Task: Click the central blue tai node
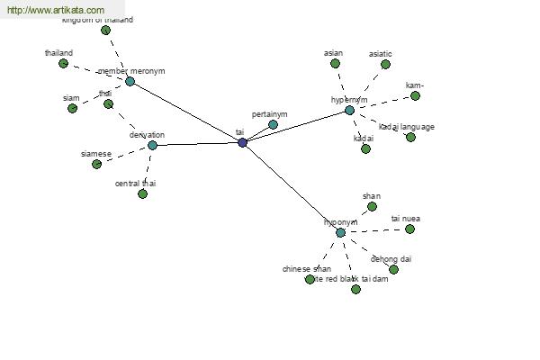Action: click(242, 142)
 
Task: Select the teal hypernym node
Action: click(349, 111)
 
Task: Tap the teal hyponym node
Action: click(340, 232)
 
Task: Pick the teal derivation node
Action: click(152, 145)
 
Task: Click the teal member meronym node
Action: click(130, 81)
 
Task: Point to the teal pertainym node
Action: click(273, 125)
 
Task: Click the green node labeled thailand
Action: click(63, 63)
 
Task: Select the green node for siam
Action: click(72, 108)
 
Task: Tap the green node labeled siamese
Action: click(96, 164)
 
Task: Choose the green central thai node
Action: click(142, 193)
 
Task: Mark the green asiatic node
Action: click(385, 65)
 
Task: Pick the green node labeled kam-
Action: click(417, 95)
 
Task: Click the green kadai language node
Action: click(410, 137)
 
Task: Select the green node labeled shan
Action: click(372, 206)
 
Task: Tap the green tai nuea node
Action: click(409, 229)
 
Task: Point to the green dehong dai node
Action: click(393, 269)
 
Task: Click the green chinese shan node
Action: click(310, 279)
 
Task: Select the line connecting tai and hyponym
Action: click(291, 187)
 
